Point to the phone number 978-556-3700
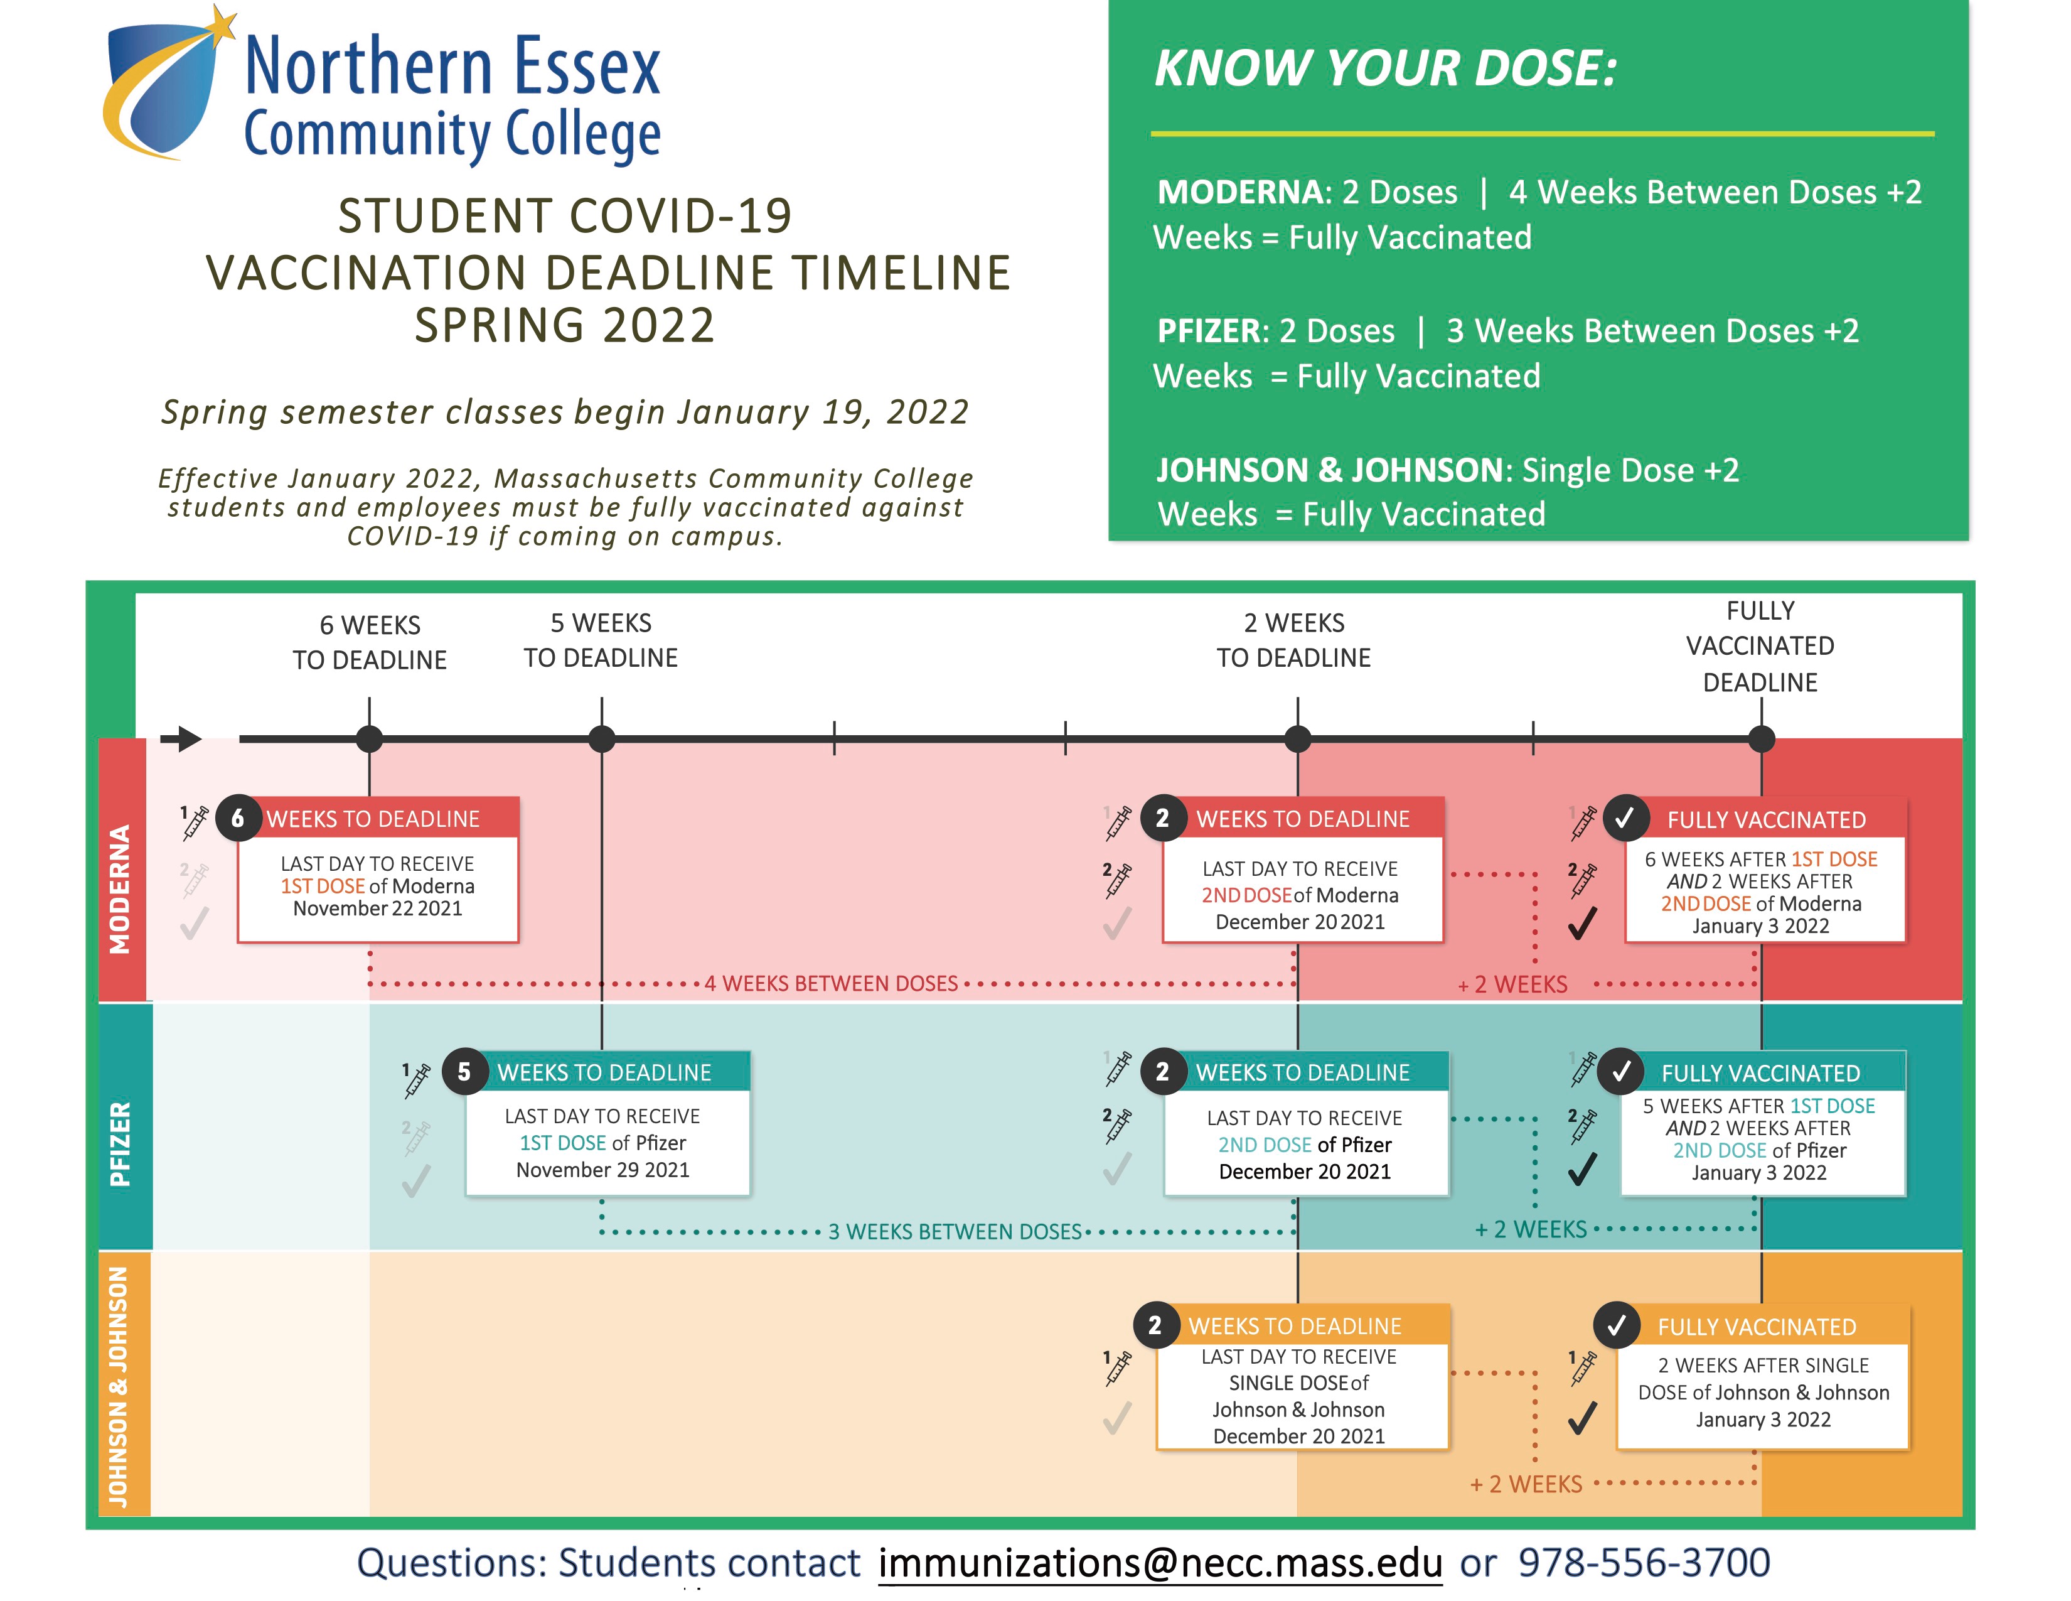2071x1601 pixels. pos(1644,1562)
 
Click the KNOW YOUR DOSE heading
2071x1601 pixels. pos(1386,68)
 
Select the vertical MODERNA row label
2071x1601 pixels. pos(120,888)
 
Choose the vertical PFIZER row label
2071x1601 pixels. pos(120,1144)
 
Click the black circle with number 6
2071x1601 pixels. pos(238,817)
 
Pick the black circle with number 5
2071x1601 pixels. pos(464,1072)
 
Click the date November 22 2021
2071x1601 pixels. pos(377,908)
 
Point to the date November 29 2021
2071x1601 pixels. pos(603,1170)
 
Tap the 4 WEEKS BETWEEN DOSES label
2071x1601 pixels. pos(831,984)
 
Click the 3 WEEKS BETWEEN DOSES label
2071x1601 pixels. pos(955,1232)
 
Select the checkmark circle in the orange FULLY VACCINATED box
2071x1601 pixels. pos(1617,1325)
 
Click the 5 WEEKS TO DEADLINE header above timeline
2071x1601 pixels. pos(601,640)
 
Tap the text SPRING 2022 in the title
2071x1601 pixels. pos(565,325)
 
